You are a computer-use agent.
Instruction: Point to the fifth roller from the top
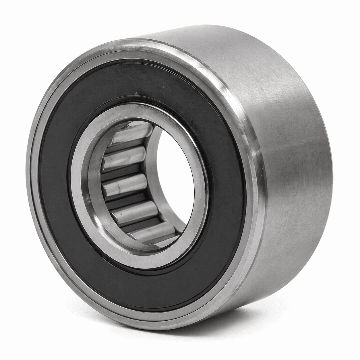[x=149, y=231]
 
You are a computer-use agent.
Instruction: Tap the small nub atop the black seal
[x=136, y=93]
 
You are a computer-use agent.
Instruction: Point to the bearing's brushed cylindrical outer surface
[x=287, y=144]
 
